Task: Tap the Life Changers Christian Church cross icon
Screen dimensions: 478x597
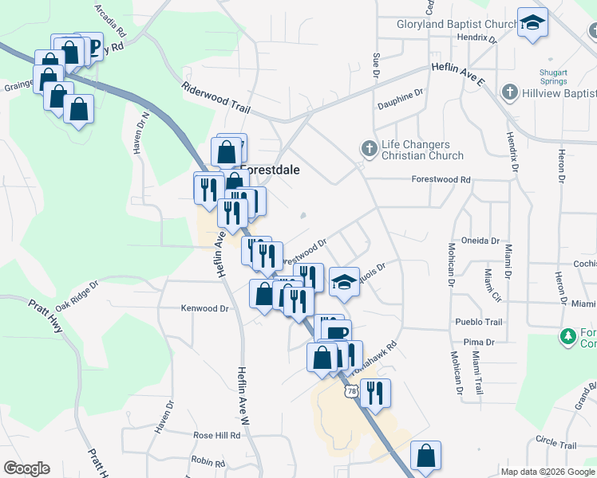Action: coord(369,148)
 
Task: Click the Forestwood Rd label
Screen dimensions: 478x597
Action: coord(441,180)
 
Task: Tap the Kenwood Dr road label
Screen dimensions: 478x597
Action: coord(204,308)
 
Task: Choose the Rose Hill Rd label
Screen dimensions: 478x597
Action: coord(216,436)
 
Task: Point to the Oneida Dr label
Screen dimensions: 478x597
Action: coord(480,241)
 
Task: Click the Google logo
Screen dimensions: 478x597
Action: coord(27,468)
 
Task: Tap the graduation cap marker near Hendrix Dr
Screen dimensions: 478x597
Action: coord(532,22)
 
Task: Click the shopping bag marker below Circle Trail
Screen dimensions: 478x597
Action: coord(426,456)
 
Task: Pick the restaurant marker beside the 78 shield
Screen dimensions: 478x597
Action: coord(374,393)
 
